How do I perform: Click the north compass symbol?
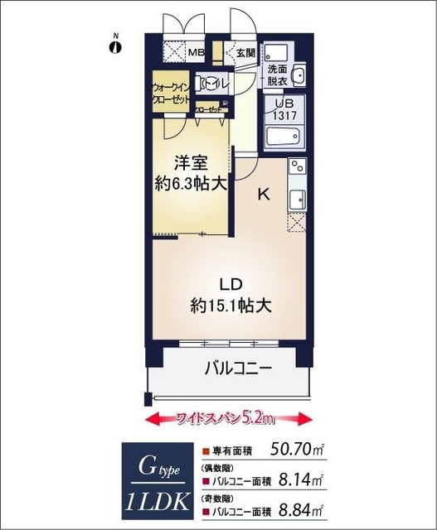115,46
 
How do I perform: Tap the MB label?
196,53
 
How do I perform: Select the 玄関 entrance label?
246,53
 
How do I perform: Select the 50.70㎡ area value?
297,451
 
